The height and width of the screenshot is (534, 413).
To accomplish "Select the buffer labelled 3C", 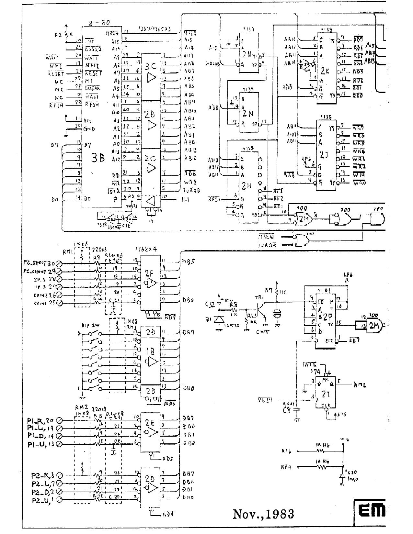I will pos(151,66).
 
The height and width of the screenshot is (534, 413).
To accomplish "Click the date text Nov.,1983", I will pos(263,514).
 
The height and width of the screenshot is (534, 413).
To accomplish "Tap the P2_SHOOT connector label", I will pos(40,263).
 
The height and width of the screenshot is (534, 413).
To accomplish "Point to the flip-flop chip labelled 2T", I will pos(325,394).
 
